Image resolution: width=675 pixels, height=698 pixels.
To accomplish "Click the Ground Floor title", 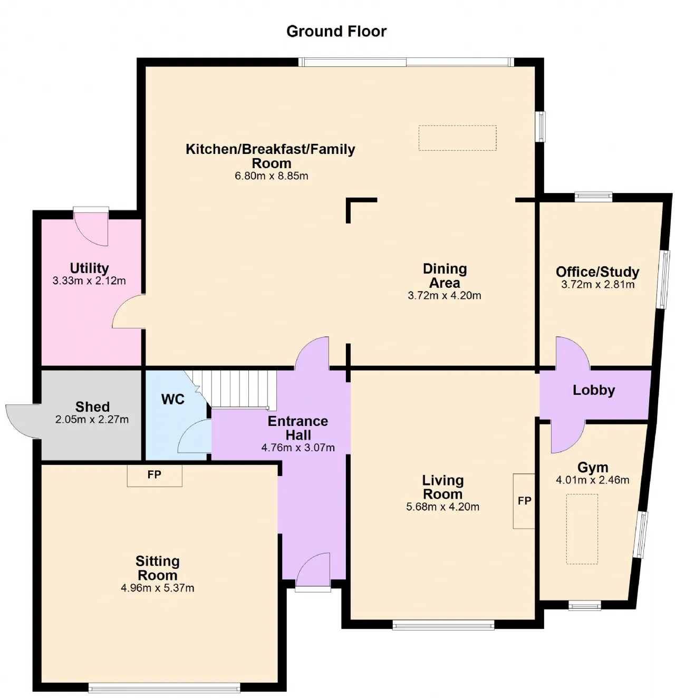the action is [336, 32].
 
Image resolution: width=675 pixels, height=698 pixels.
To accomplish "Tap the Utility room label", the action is [89, 268].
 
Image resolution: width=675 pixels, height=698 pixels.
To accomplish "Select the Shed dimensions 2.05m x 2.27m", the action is [92, 419].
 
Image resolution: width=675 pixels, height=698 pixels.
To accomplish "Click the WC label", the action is [172, 399].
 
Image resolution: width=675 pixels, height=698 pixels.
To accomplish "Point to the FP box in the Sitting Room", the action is [155, 475].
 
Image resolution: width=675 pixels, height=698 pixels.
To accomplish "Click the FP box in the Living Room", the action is [524, 501].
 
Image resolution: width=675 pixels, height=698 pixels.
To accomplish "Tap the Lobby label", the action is [594, 390].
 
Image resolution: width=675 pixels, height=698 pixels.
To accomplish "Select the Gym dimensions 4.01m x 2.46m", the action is [592, 480].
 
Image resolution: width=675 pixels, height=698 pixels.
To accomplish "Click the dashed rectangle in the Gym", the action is [582, 529].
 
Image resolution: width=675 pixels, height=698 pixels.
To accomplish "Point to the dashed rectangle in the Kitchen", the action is [457, 138].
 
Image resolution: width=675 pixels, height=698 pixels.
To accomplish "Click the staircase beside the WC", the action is [233, 390].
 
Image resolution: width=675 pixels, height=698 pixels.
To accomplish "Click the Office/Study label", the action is [597, 272].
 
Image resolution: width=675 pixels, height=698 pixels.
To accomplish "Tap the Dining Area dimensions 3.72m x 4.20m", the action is [444, 295].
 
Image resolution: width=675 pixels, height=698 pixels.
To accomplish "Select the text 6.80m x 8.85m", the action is [271, 176].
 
